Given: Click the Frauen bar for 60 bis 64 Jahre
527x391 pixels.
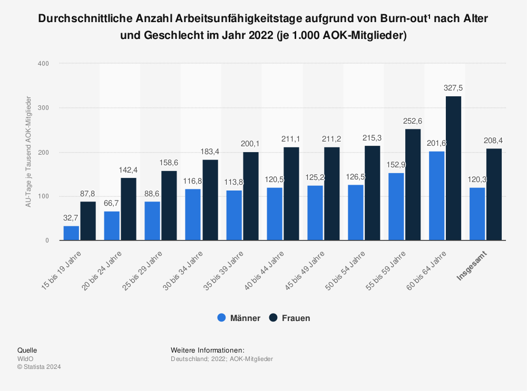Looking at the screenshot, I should pos(453,168).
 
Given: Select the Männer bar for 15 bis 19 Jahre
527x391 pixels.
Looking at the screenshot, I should pos(71,233).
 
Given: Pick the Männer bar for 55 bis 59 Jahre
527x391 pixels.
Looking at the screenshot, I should pos(396,206).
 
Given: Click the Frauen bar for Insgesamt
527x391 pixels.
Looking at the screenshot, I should pos(494,195).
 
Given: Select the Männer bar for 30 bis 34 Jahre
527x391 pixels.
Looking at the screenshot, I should pos(193,215).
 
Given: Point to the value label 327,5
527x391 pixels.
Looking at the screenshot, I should pos(453,88).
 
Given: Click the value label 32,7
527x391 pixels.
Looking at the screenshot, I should pos(71,217).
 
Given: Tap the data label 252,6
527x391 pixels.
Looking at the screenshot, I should pos(413,121).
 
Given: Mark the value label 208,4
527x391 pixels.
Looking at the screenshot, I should pos(494,140).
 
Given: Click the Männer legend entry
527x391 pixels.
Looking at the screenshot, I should pos(239,318).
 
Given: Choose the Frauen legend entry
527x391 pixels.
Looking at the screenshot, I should pos(289,318).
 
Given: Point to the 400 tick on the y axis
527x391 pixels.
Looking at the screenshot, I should pos(43,64).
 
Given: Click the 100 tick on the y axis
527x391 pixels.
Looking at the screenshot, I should pos(43,196).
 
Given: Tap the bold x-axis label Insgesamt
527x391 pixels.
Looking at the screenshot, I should pos(472,266).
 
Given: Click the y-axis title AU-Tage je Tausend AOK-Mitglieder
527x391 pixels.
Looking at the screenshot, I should pos(28,152).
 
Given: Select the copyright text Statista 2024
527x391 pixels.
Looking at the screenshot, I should pos(42,367).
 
